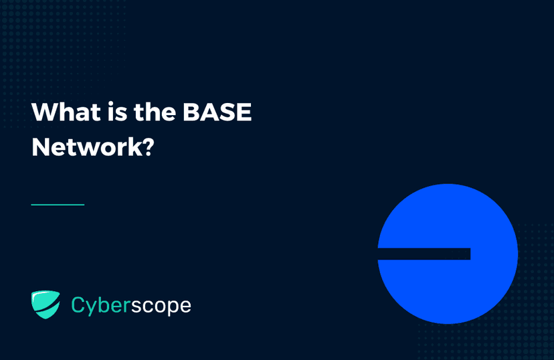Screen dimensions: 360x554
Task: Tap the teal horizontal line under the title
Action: (58, 204)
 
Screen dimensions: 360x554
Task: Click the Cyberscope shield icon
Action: (45, 304)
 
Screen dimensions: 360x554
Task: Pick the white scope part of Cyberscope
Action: (161, 306)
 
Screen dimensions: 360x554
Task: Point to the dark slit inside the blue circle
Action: (424, 254)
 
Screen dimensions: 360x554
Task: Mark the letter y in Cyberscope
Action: (91, 308)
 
